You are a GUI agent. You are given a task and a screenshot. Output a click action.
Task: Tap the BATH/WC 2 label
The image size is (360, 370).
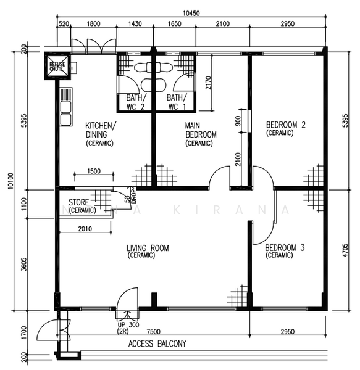point(135,102)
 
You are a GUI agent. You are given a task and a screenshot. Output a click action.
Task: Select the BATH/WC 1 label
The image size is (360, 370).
point(175,102)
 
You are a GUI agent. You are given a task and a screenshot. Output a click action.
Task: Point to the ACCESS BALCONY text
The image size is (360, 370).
point(157,344)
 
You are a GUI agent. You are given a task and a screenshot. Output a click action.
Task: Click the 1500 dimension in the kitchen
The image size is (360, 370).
point(94,171)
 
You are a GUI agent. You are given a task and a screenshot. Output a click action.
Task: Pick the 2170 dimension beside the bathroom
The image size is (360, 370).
point(207,83)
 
